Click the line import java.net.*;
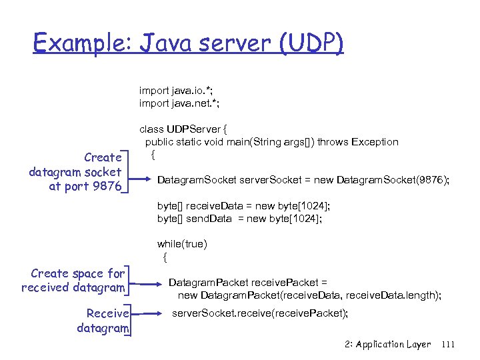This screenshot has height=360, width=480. (179, 103)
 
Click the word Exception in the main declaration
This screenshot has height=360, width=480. (374, 142)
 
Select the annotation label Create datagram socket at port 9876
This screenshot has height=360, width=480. (76, 172)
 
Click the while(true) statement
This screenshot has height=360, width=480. (182, 244)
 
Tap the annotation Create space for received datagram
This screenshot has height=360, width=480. (73, 281)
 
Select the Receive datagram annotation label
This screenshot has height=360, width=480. (103, 321)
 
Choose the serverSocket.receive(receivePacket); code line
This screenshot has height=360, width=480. (260, 313)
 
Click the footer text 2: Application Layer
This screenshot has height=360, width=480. (388, 345)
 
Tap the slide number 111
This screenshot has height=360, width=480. (448, 345)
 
